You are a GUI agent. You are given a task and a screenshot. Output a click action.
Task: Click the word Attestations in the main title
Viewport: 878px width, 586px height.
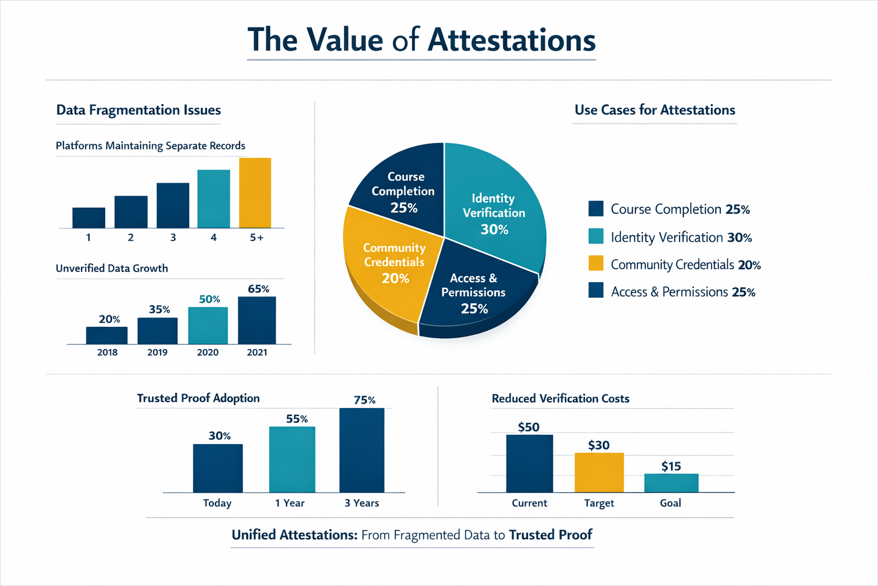tap(512, 40)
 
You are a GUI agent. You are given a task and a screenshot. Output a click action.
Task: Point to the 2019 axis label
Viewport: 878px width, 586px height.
tap(157, 353)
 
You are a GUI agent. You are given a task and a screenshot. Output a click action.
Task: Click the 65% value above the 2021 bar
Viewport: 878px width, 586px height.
tap(258, 289)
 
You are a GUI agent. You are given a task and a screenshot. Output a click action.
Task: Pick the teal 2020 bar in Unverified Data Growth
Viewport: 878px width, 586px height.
tap(208, 326)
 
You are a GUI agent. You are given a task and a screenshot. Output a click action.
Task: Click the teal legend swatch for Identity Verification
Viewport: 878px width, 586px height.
tap(596, 236)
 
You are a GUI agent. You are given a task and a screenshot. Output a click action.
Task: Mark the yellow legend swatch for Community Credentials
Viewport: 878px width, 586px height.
tap(596, 263)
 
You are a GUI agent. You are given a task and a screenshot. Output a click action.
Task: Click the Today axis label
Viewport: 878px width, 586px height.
tap(217, 503)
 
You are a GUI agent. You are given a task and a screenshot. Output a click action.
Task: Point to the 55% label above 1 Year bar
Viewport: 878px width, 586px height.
tap(297, 419)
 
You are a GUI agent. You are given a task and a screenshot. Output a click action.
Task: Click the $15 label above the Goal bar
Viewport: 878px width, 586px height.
tap(671, 466)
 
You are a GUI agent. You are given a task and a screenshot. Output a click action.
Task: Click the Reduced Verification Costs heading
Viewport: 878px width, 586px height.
tap(560, 399)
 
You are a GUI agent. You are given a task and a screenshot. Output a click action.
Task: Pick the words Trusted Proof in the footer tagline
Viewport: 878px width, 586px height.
tap(550, 535)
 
